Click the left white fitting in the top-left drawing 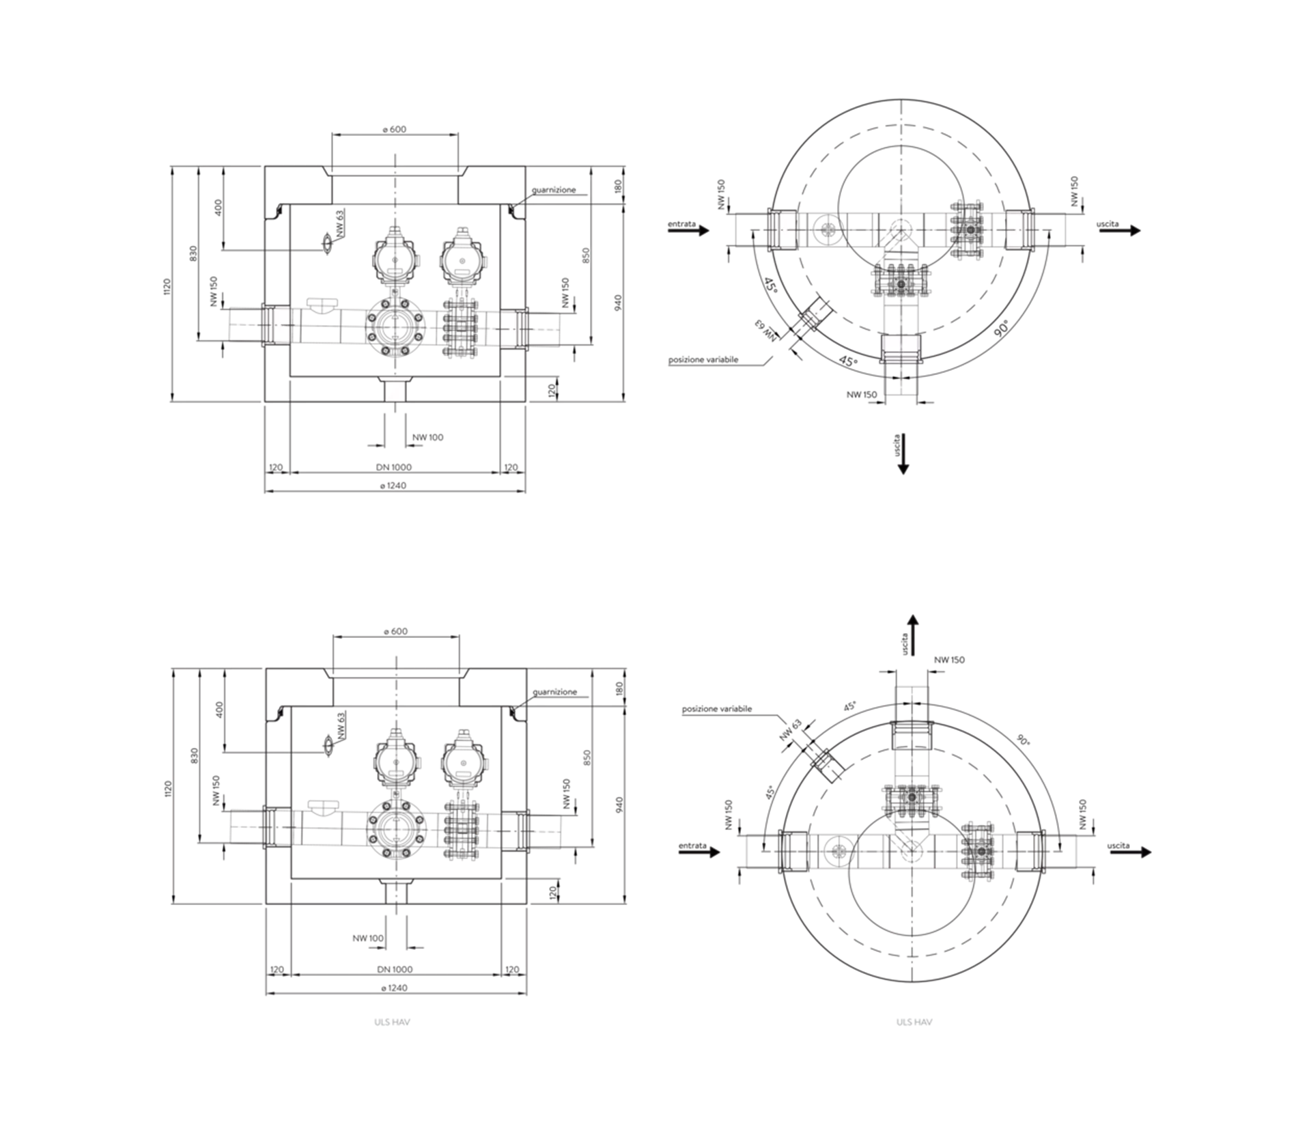coord(276,326)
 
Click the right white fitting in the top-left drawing coord(513,328)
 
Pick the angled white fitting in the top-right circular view coord(816,313)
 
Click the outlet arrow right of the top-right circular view coord(1120,232)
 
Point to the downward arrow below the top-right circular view coord(903,454)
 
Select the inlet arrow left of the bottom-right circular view coord(699,852)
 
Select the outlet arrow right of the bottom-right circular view coord(1130,852)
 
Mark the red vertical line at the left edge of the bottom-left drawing coord(171,785)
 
